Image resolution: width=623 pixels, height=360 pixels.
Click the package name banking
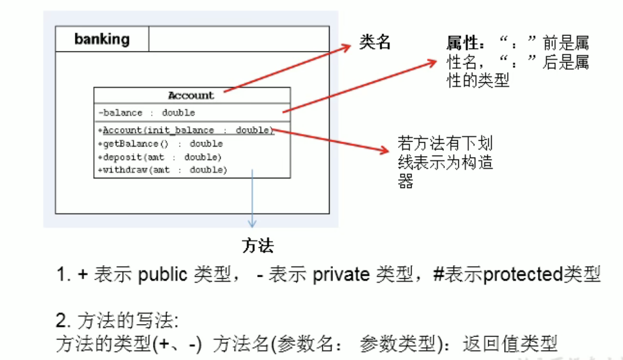pos(102,39)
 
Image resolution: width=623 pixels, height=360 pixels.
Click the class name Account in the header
pos(191,95)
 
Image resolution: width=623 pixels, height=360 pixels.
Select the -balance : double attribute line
pos(147,113)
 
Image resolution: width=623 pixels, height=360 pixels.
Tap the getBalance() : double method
pos(160,144)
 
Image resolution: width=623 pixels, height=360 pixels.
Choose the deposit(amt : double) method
pos(159,157)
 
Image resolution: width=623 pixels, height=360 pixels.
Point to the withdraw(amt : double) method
pos(162,170)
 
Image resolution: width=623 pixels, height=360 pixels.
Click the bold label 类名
pos(375,43)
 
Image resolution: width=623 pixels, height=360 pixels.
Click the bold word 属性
pos(462,43)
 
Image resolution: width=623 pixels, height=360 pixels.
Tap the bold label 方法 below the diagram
pos(258,245)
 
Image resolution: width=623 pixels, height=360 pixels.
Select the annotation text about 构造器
pos(445,162)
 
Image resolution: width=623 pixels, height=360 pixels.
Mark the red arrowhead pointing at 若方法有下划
pos(385,150)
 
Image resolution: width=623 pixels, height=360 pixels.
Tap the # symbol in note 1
pos(438,275)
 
